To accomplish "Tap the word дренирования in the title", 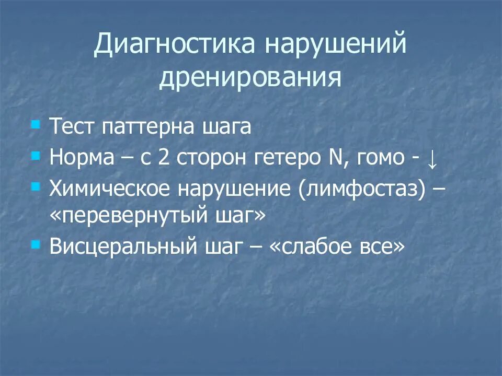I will pos(250,78).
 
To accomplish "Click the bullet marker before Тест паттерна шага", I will pos(35,125).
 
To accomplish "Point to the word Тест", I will pos(72,128).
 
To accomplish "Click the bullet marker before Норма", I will pos(35,155).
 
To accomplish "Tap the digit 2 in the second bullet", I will pos(166,158).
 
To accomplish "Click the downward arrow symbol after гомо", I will pos(431,159).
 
